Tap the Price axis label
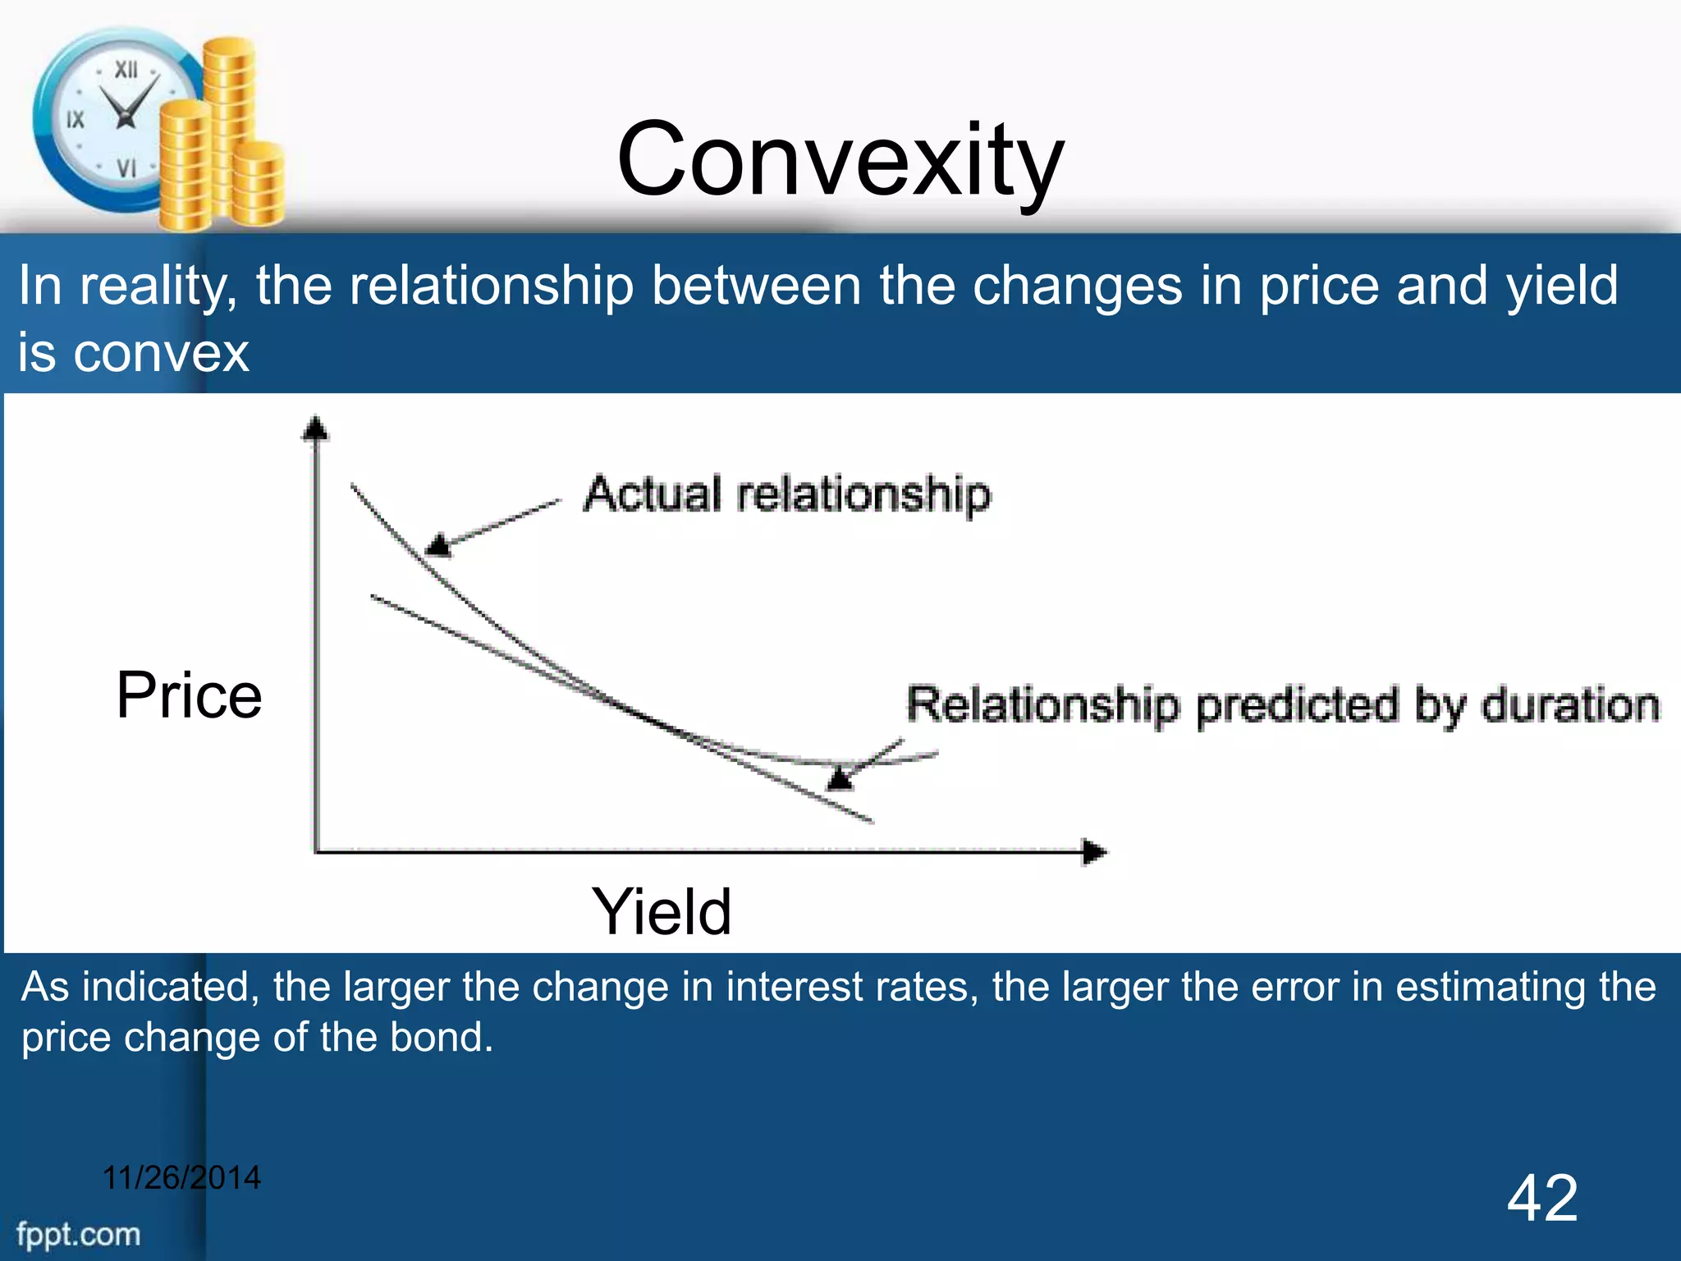pos(189,695)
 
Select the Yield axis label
pos(662,912)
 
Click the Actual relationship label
pos(787,495)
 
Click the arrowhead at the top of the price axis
pos(315,429)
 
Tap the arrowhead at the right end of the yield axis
pos(1094,852)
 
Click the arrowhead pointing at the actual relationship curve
pos(439,544)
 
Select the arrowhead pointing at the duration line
pos(840,777)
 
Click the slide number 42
pos(1542,1199)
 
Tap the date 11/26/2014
pos(181,1178)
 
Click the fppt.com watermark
pos(79,1235)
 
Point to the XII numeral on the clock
pos(126,70)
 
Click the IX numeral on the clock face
pos(75,120)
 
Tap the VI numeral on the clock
pos(126,168)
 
